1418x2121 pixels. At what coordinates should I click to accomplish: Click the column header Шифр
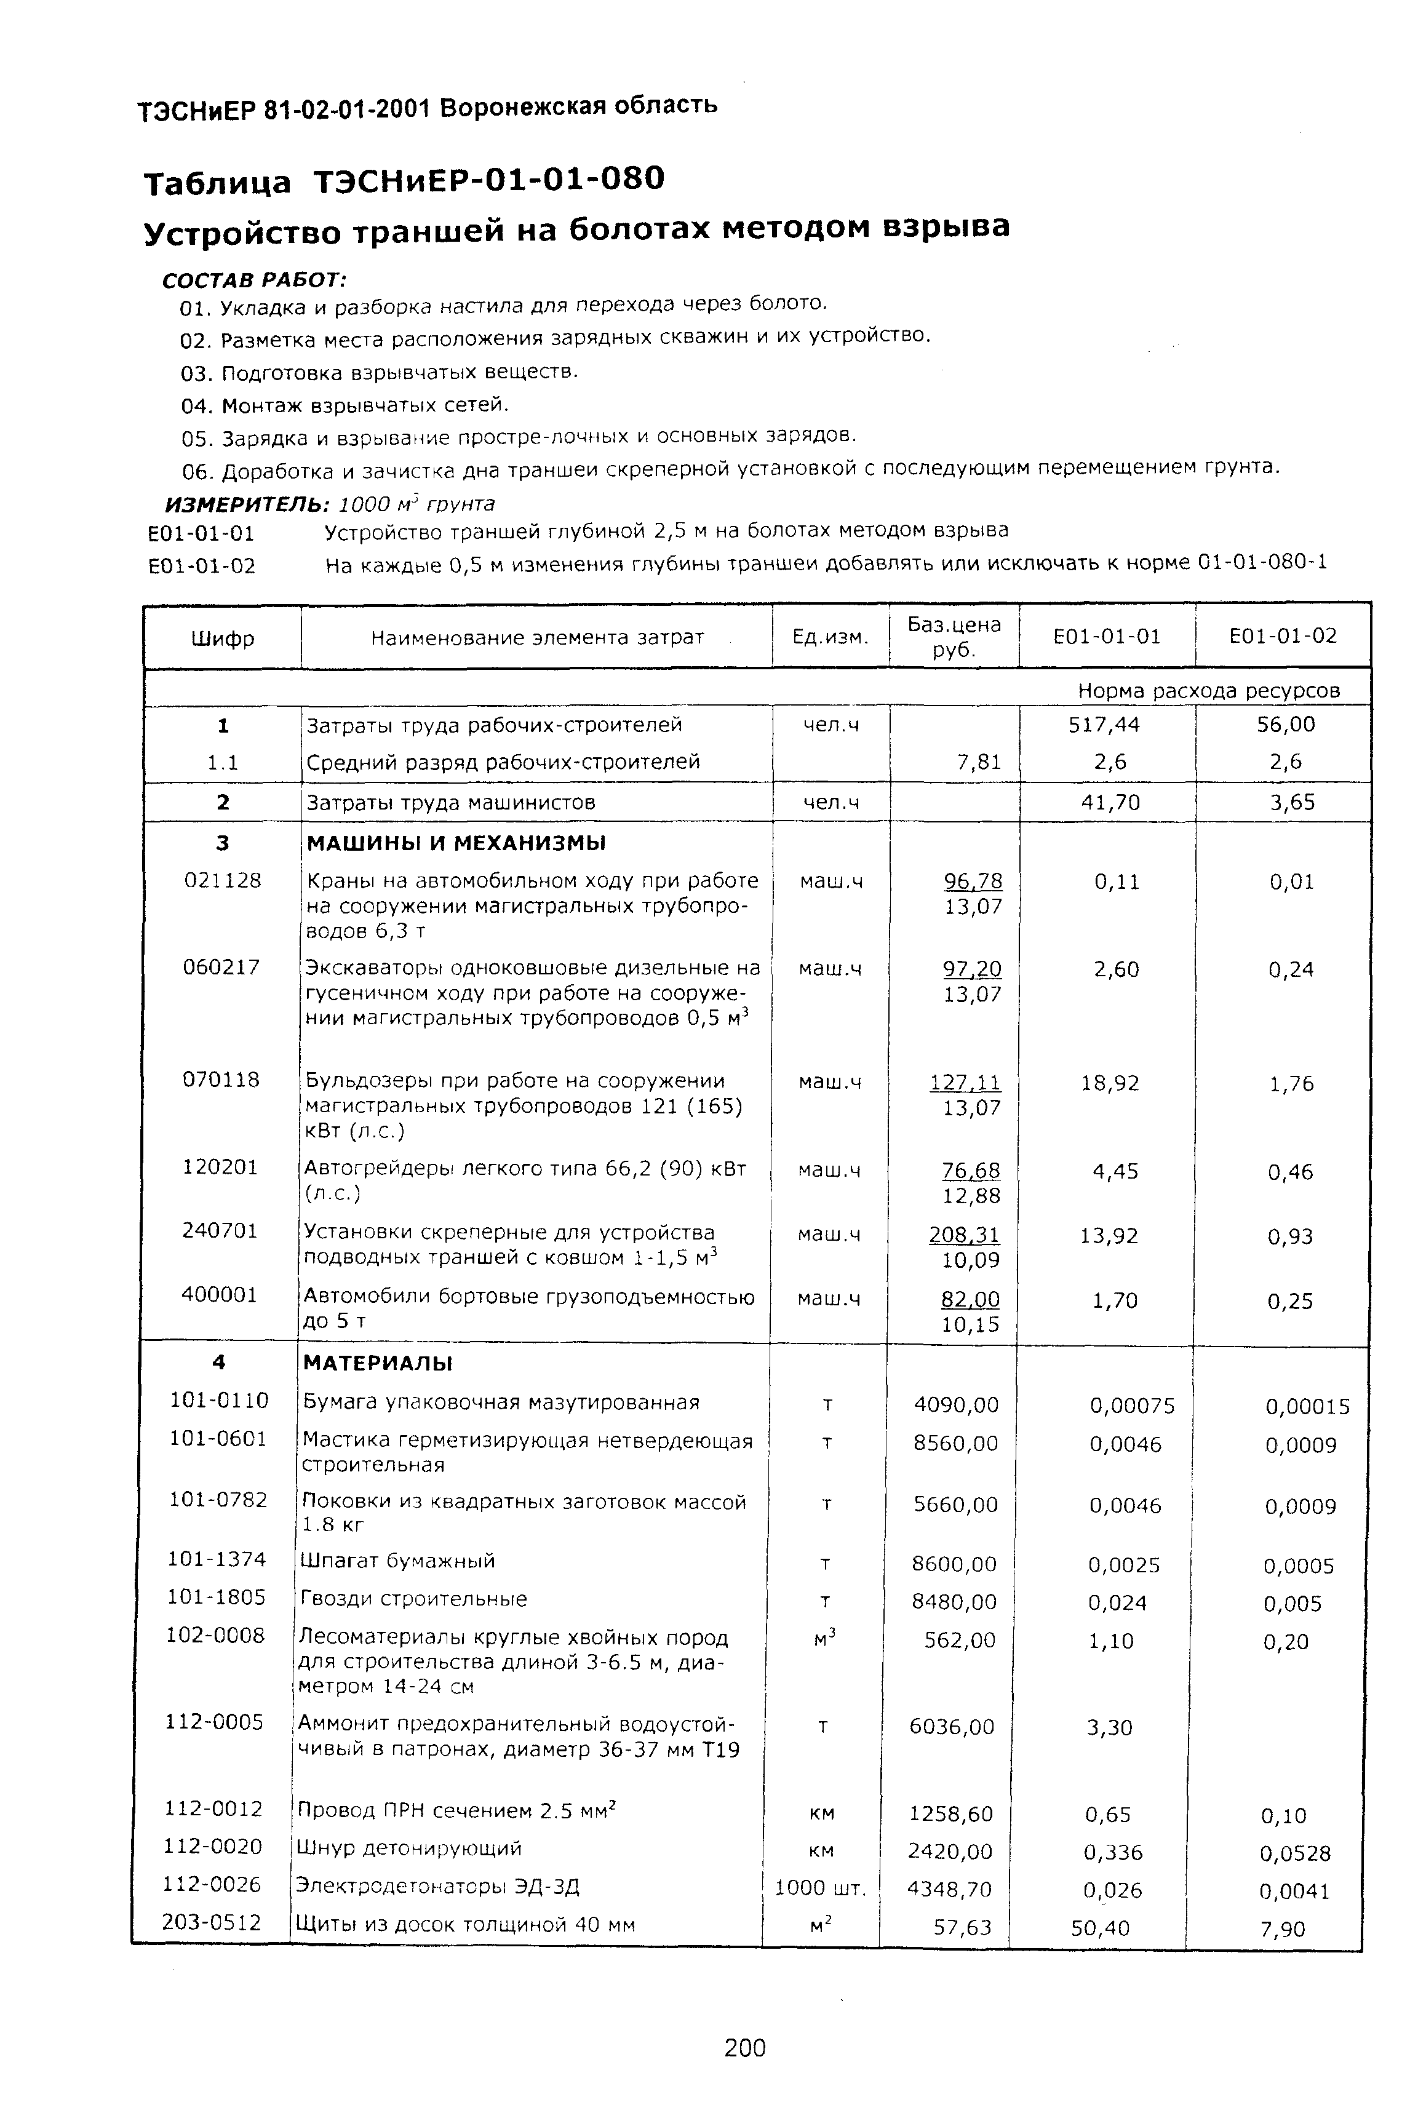(x=223, y=639)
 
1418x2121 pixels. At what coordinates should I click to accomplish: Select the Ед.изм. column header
(x=829, y=637)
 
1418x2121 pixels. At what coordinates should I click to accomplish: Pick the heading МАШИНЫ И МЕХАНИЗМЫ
(x=456, y=843)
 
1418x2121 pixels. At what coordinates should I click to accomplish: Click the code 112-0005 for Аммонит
(x=214, y=1721)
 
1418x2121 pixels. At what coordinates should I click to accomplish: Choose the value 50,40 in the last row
(x=1100, y=1927)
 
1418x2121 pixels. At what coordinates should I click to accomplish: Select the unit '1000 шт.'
(x=820, y=1888)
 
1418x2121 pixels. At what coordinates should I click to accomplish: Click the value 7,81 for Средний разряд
(x=979, y=762)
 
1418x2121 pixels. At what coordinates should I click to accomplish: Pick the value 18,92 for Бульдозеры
(x=1110, y=1083)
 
